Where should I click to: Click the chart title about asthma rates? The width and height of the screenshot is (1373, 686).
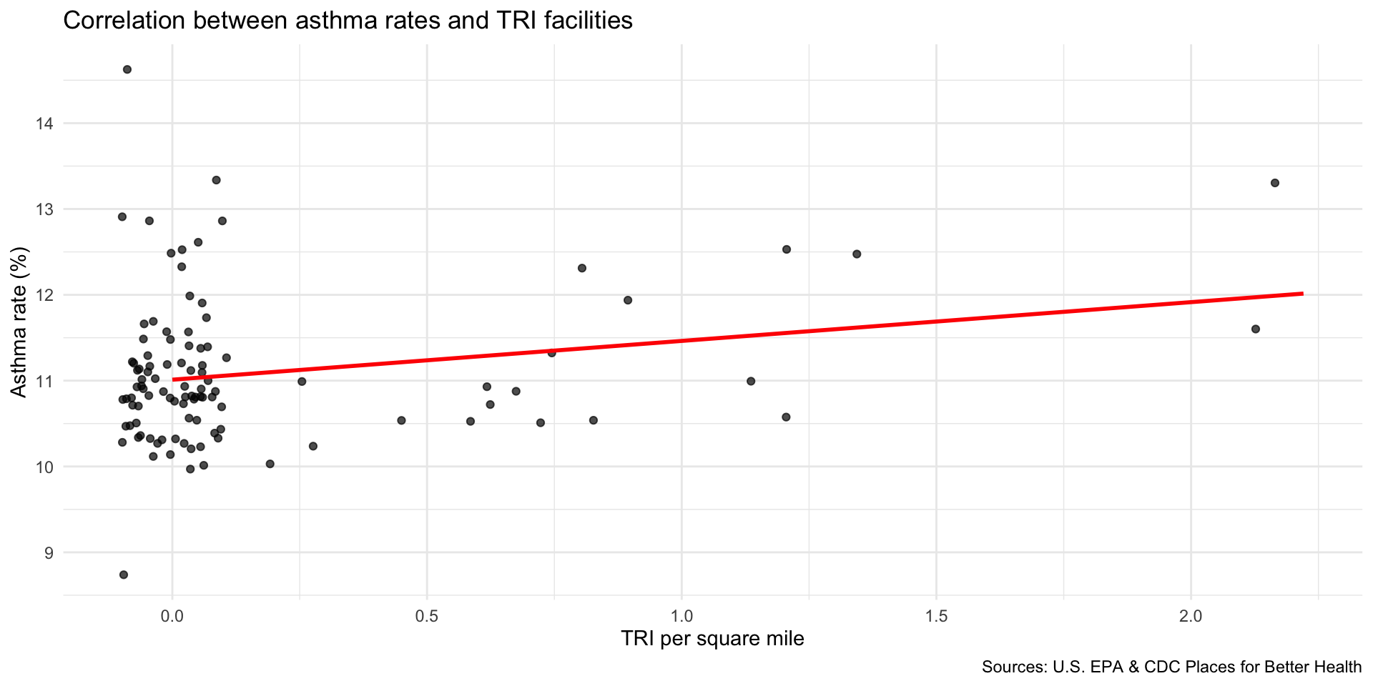348,20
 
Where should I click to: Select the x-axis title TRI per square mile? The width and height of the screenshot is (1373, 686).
712,638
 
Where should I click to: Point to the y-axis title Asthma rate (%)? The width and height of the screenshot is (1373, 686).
19,322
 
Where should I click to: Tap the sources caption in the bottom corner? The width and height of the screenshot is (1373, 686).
1171,667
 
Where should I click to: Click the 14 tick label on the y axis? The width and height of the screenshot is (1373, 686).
44,124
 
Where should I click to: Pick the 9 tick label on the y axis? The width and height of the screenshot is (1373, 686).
48,552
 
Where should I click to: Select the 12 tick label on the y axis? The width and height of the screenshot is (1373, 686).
44,295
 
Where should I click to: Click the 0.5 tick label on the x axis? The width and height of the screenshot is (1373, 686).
427,615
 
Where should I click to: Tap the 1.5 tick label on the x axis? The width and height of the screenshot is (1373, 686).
936,615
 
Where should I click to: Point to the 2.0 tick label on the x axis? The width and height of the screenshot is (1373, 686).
1191,615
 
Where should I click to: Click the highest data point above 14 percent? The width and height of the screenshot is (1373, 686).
127,69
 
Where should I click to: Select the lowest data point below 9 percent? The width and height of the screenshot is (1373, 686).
124,575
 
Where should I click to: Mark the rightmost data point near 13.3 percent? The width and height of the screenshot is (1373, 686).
1274,183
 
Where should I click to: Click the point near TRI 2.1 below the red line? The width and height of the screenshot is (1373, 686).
1255,329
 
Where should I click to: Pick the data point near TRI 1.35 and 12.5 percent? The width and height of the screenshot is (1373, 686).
857,254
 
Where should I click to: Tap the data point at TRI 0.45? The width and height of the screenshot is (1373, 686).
401,420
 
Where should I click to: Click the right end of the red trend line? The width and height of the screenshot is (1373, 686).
1301,294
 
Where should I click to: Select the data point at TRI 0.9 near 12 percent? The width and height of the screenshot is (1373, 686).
628,300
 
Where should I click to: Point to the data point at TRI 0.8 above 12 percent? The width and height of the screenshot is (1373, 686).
582,268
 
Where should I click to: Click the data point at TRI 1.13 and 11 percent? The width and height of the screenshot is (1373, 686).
751,381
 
